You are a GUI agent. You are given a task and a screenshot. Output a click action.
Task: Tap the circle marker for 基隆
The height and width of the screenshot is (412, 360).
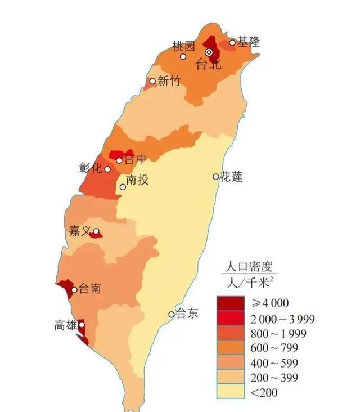232,42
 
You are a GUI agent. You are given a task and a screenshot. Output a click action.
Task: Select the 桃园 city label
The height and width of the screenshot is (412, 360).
183,45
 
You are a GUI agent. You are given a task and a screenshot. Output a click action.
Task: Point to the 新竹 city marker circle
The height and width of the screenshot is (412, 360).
152,81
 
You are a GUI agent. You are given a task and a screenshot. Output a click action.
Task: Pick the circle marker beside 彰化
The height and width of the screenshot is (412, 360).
107,169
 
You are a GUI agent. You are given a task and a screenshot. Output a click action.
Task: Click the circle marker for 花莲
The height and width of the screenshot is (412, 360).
216,177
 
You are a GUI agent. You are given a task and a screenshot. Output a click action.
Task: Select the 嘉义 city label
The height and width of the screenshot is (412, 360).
79,231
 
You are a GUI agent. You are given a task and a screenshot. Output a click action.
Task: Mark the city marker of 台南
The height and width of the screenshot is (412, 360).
74,290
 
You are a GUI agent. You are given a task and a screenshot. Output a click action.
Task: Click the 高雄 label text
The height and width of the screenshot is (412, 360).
65,325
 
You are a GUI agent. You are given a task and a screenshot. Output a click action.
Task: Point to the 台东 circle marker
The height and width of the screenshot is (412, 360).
172,314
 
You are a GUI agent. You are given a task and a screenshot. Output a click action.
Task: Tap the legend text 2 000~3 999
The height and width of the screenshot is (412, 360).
282,319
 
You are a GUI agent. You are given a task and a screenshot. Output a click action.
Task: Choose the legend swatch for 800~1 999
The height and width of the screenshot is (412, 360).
231,333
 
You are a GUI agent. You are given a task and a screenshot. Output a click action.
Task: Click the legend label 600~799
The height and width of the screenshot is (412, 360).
274,348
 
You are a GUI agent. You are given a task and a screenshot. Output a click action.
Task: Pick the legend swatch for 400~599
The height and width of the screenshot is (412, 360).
231,363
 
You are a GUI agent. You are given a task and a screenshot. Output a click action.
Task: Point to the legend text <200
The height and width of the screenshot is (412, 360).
264,392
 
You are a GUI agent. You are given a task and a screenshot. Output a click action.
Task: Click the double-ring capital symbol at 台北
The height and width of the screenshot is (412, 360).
209,52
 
